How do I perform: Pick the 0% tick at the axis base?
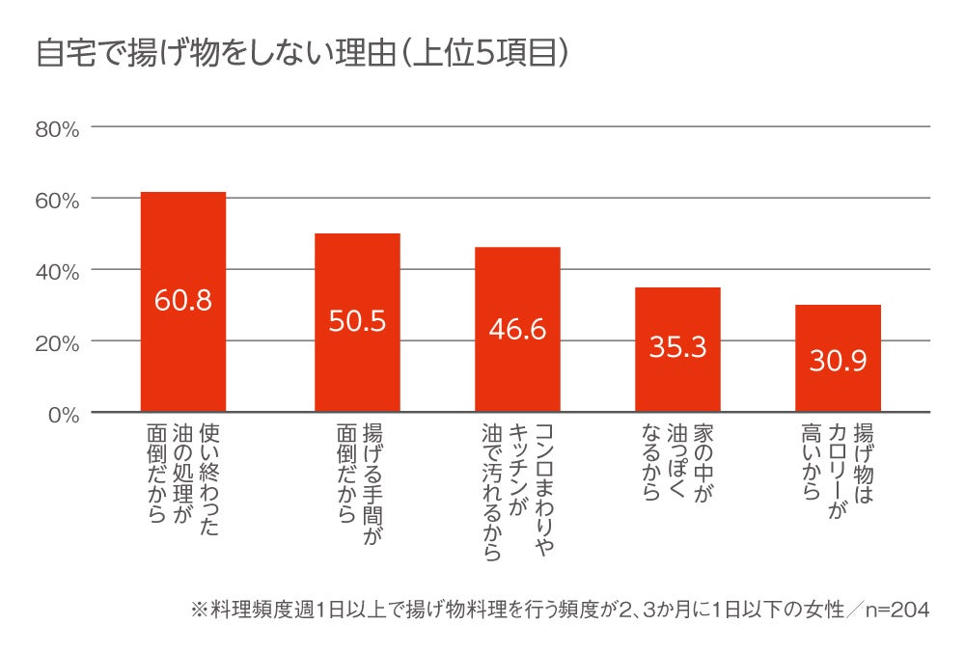click(62, 414)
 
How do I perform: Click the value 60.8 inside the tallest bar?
click(182, 300)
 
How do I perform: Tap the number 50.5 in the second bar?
click(357, 321)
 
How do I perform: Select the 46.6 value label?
click(517, 329)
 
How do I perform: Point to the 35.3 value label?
click(677, 348)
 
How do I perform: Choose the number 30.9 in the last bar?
click(838, 361)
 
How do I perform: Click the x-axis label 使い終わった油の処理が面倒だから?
click(182, 477)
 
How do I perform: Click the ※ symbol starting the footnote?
click(200, 611)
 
